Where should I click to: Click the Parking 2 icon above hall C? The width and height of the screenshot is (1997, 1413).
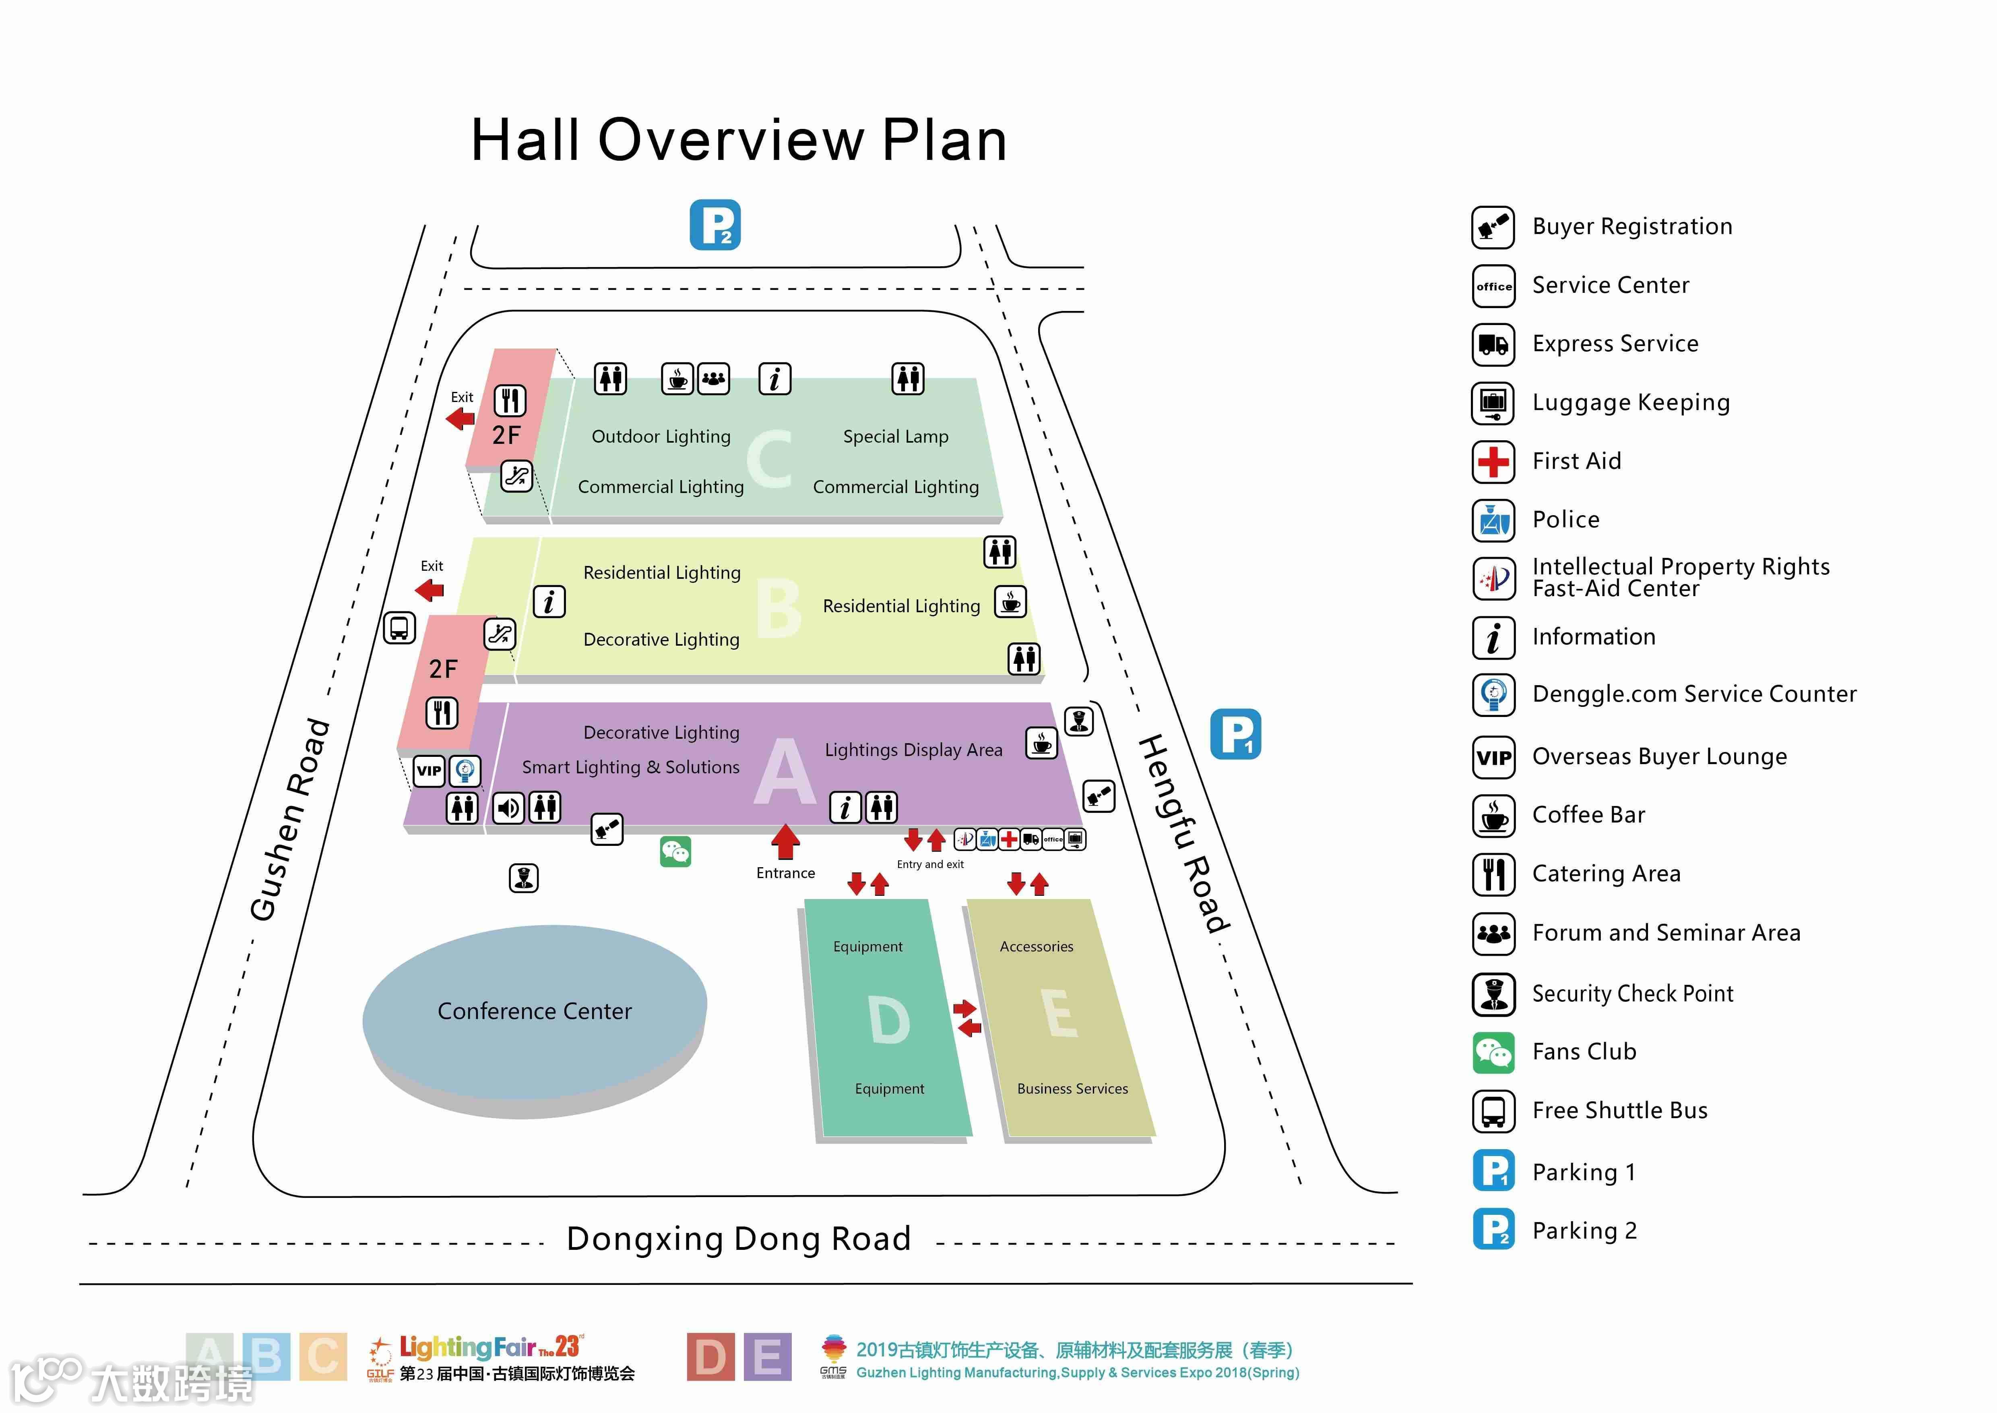coord(715,225)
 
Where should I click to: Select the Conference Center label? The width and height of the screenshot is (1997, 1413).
coord(534,1011)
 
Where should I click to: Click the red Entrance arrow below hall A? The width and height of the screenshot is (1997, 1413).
coord(785,841)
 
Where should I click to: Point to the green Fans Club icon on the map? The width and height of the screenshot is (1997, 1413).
coord(675,852)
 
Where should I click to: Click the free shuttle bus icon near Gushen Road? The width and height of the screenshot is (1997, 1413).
coord(399,627)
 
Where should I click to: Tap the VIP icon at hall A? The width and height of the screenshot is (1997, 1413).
coord(429,770)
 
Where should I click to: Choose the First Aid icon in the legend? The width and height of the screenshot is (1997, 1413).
coord(1493,461)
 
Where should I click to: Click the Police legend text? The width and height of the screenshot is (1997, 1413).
coord(1565,520)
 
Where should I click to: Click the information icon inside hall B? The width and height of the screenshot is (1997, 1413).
coord(549,601)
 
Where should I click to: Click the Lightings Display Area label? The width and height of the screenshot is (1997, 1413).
coord(913,750)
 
